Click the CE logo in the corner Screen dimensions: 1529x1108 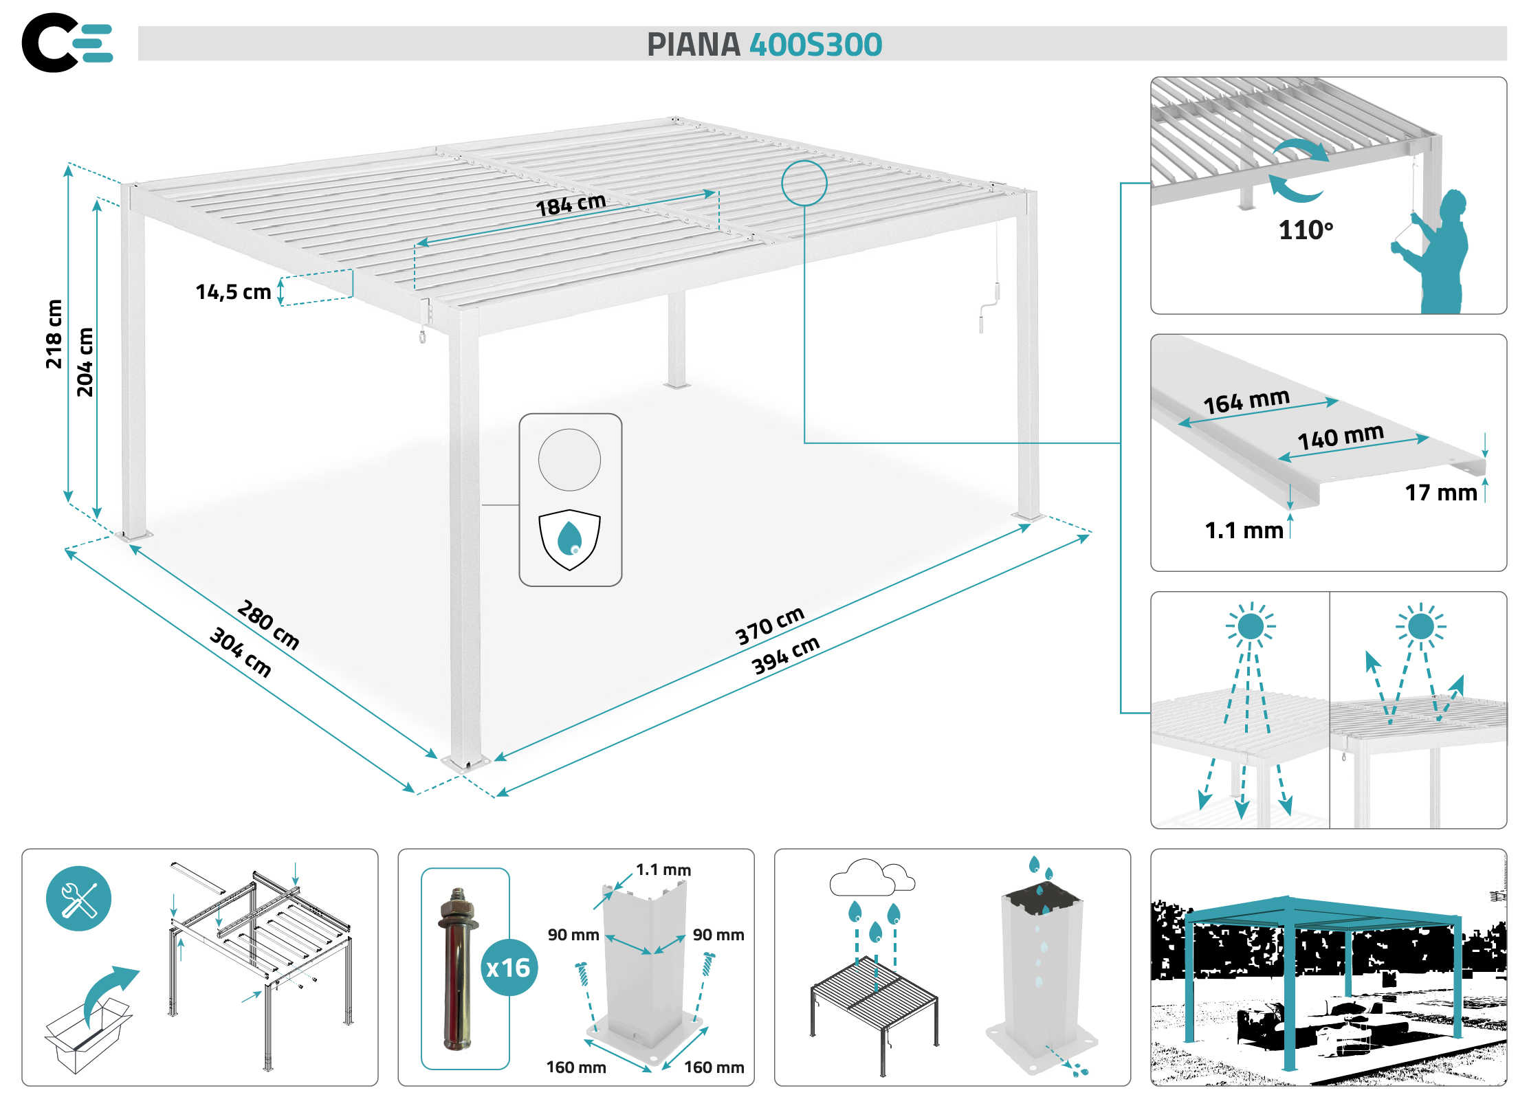coord(67,43)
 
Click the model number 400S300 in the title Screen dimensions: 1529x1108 coord(815,45)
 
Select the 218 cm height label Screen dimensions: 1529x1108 coord(54,334)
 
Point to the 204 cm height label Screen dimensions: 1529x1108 coord(85,362)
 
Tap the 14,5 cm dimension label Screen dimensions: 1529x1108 coord(233,292)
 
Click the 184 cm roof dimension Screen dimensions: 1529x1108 coord(571,204)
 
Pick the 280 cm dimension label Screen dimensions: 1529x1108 coord(268,625)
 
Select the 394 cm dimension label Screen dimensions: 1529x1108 coord(786,655)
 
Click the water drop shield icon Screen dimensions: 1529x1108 coord(569,540)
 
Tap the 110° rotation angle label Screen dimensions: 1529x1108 coord(1306,230)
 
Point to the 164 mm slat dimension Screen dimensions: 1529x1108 coord(1246,401)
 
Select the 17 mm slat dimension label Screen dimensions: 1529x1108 coord(1441,493)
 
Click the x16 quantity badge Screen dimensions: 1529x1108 coord(509,968)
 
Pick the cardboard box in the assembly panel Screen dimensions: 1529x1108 coord(88,1034)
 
